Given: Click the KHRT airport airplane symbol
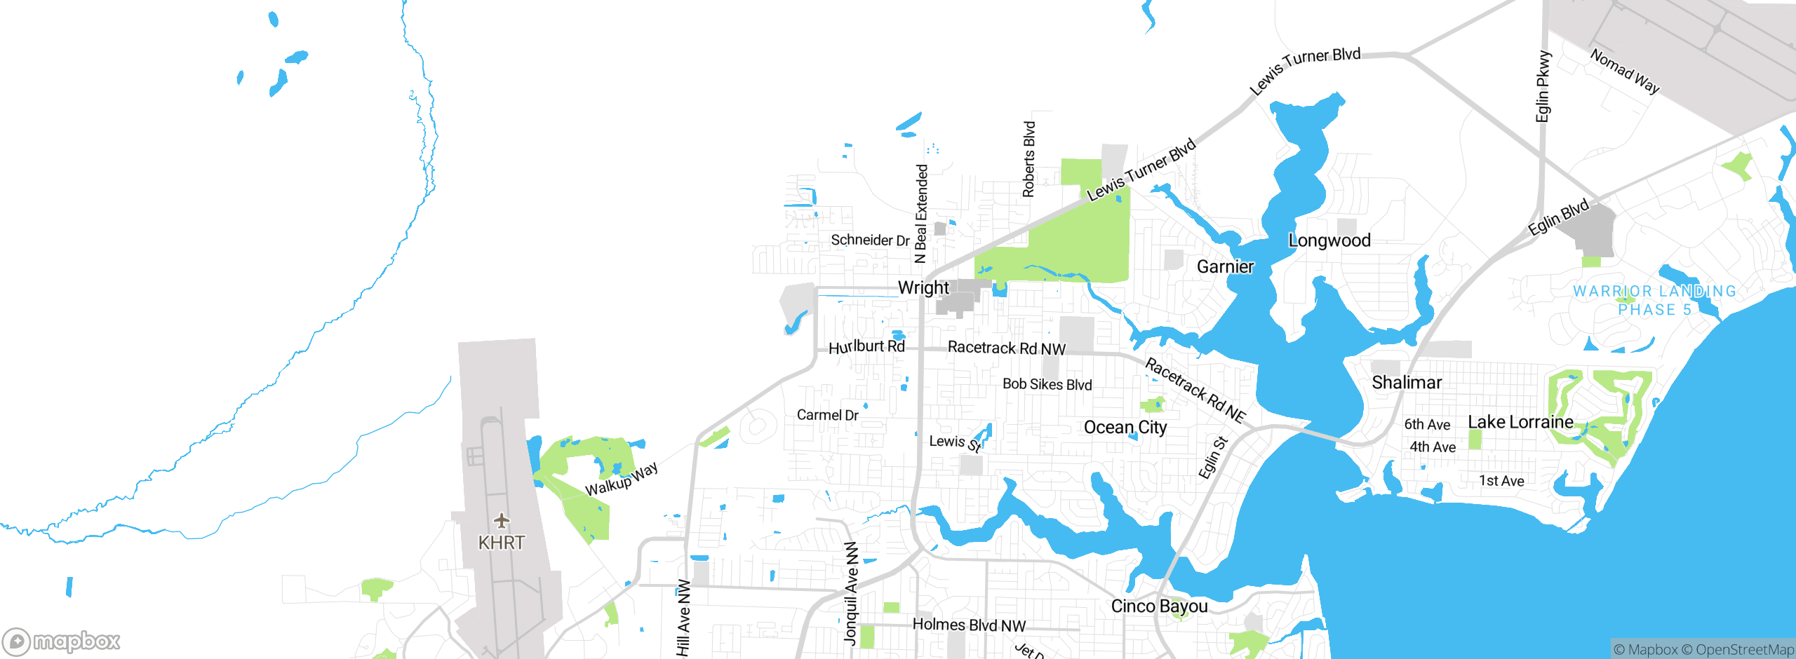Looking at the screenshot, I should (501, 521).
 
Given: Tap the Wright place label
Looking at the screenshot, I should (923, 288).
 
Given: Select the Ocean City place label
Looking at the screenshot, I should (1125, 428).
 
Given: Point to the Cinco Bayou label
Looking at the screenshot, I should (1159, 606).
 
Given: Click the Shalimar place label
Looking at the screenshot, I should (1407, 383).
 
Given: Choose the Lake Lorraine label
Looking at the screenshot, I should (1520, 422).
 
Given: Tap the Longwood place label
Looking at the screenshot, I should (1329, 240).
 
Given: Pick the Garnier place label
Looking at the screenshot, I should (1225, 267).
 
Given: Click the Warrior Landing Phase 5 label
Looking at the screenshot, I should (1654, 300).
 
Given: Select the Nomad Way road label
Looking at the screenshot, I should (1625, 72).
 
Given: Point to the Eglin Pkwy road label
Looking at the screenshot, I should (1543, 86).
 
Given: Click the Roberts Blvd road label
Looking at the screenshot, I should (1028, 159).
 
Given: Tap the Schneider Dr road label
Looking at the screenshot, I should (870, 240).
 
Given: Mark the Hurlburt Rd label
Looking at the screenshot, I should (866, 347).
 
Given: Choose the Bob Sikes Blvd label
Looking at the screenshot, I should (1047, 384).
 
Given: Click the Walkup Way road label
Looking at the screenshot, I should (622, 480).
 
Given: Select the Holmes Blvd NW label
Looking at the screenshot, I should (969, 625).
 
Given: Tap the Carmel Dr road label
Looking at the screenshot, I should (827, 415).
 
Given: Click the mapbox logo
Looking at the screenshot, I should (62, 641).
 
